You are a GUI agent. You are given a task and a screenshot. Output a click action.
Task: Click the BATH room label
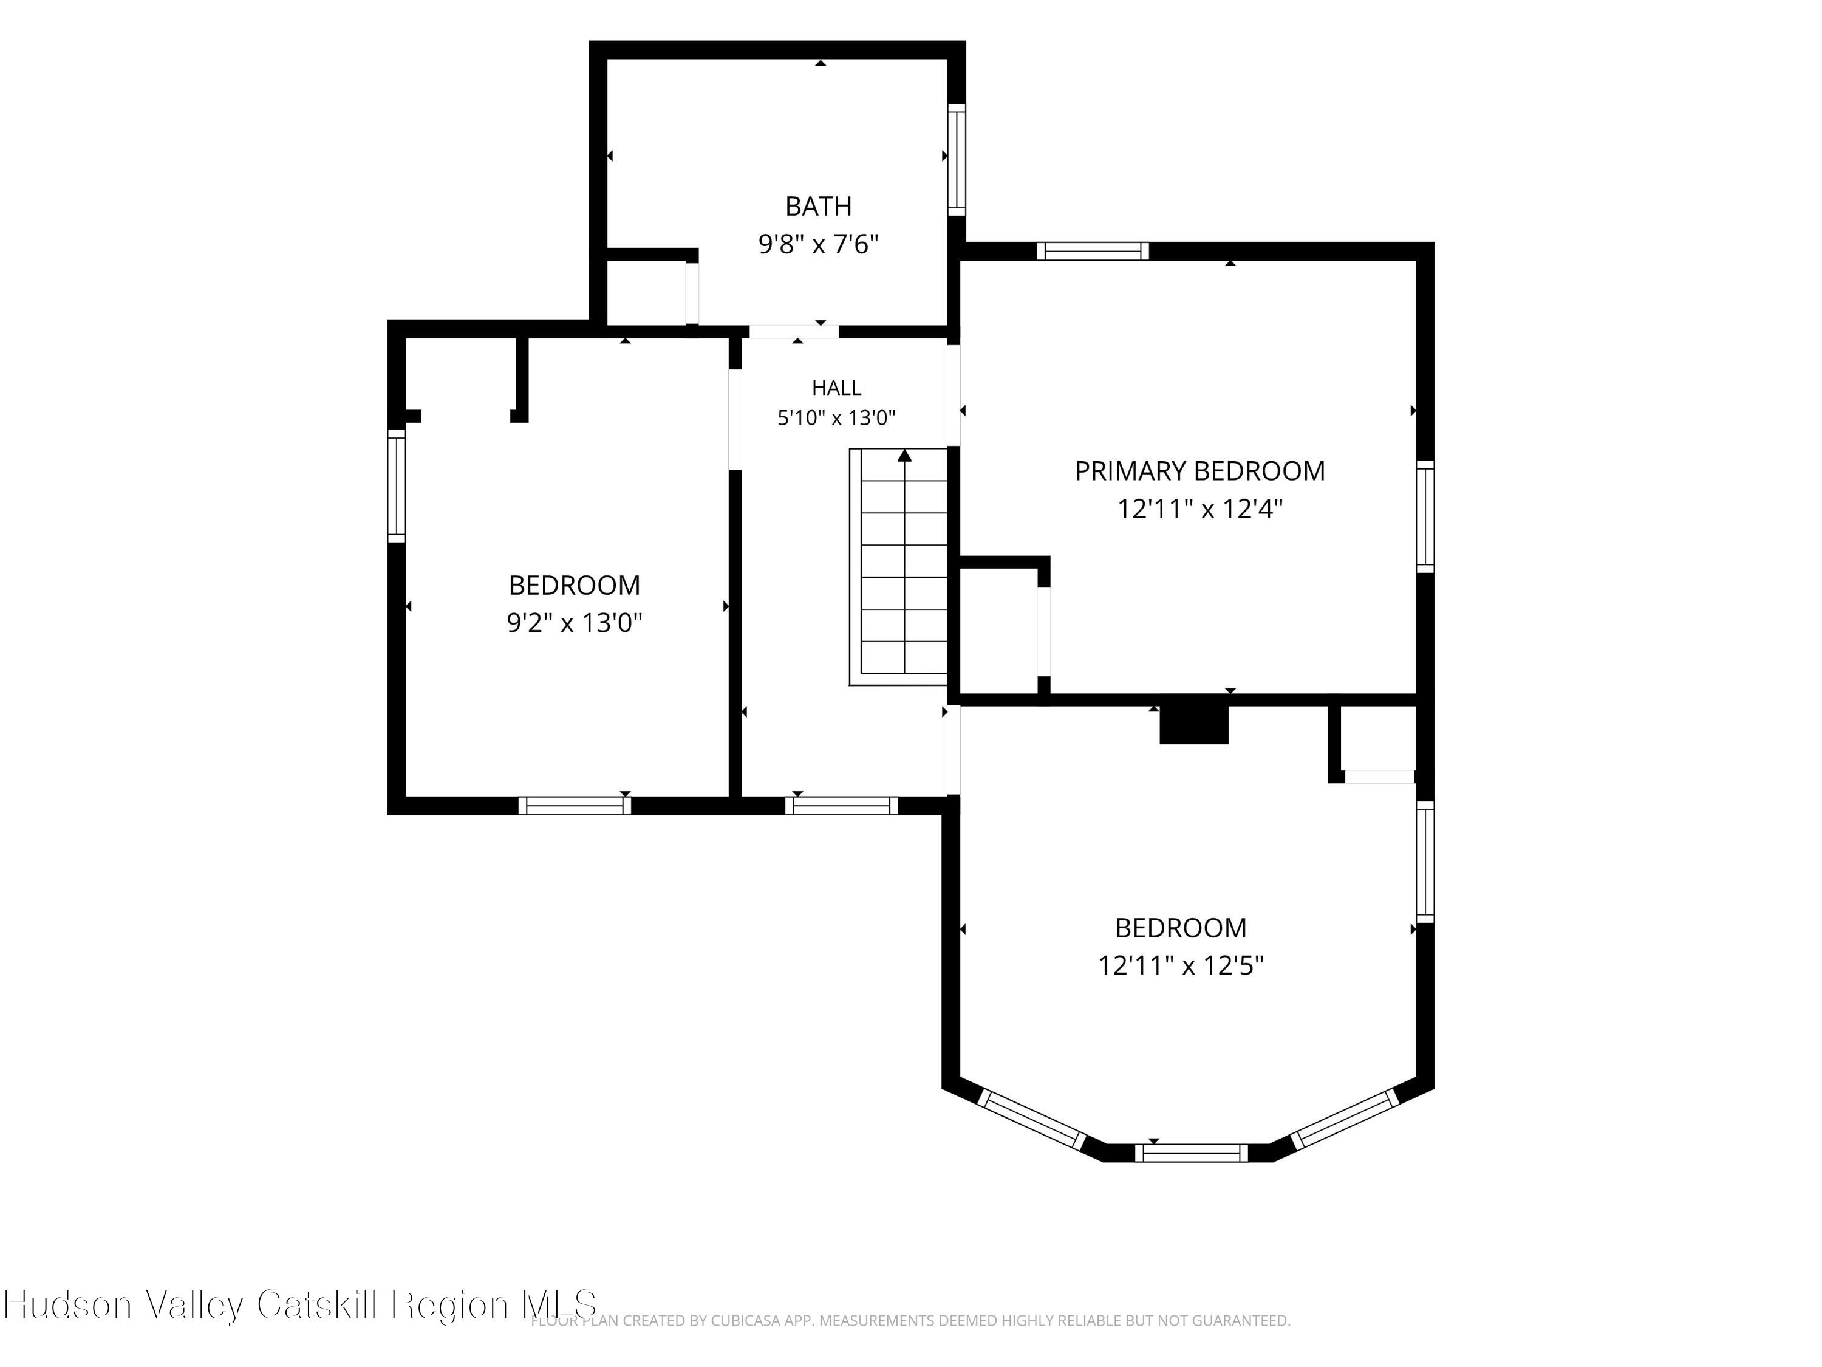pyautogui.click(x=818, y=206)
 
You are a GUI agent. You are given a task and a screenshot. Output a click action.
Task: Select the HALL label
pyautogui.click(x=836, y=387)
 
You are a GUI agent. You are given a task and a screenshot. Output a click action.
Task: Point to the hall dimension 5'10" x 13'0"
pyautogui.click(x=836, y=418)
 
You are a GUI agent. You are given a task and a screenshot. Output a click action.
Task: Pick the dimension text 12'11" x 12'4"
pyautogui.click(x=1200, y=509)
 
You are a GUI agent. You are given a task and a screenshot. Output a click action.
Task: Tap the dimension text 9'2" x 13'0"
pyautogui.click(x=574, y=623)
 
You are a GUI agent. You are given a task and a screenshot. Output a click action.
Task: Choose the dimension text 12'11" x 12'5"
pyautogui.click(x=1180, y=965)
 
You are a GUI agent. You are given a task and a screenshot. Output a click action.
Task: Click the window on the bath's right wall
pyautogui.click(x=957, y=159)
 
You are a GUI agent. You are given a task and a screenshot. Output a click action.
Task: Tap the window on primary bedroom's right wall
pyautogui.click(x=1425, y=516)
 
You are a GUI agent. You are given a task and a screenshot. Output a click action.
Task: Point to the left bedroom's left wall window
pyautogui.click(x=396, y=485)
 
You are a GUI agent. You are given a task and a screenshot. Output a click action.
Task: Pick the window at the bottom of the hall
pyautogui.click(x=841, y=805)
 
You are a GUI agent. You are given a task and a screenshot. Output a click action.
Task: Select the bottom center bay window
pyautogui.click(x=1192, y=1153)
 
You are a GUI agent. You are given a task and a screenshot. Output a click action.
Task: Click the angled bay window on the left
pyautogui.click(x=1032, y=1120)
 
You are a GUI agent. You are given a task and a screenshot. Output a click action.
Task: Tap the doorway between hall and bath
pyautogui.click(x=794, y=332)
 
